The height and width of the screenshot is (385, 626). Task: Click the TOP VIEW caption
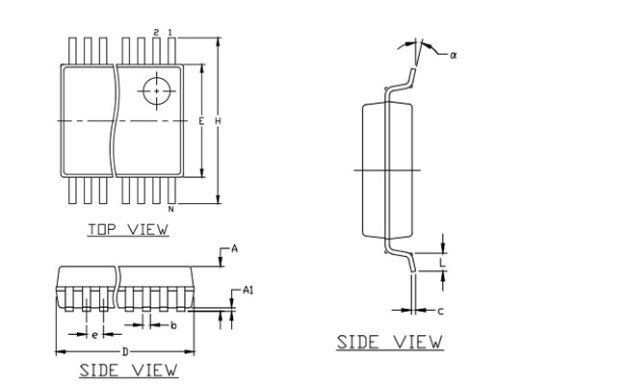pos(128,229)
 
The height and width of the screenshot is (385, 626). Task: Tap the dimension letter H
pos(218,121)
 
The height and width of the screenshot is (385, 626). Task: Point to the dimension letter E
pos(200,121)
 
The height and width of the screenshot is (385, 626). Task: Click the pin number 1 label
pos(170,33)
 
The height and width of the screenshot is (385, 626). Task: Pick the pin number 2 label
pos(156,33)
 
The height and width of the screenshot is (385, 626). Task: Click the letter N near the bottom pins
pos(170,209)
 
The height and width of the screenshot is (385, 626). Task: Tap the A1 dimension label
pos(248,290)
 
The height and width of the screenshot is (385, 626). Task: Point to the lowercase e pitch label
pos(93,334)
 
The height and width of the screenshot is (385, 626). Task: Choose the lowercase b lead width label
pos(172,326)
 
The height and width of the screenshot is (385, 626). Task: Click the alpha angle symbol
pos(453,55)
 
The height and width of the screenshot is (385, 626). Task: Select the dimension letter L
pos(442,262)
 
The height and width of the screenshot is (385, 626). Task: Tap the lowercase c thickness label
pos(440,311)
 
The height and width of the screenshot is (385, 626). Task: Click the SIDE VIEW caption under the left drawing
pos(128,370)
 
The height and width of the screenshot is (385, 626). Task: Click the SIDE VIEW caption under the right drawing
pos(389,342)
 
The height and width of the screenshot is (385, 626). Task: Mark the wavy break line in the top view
pos(115,120)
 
